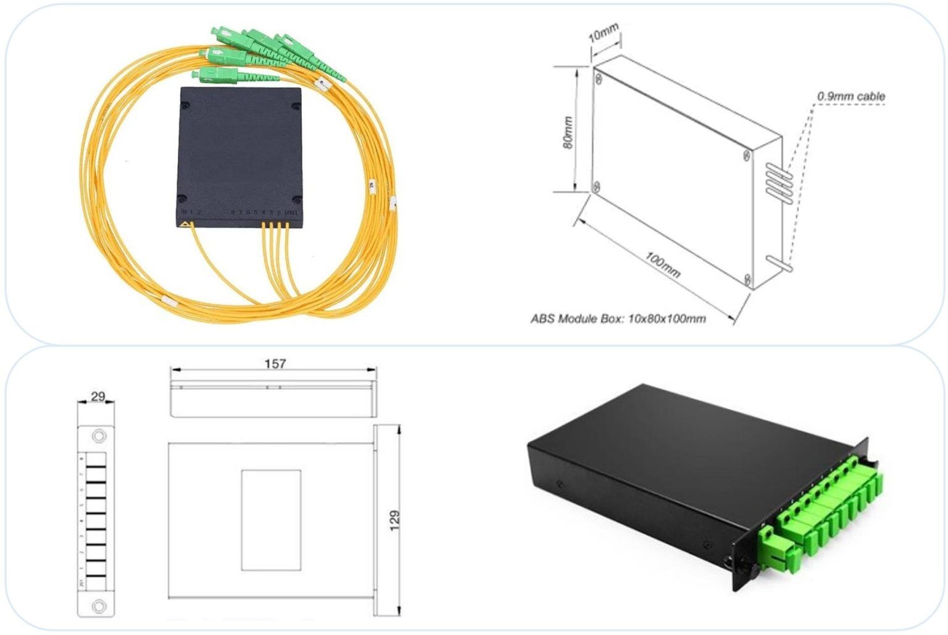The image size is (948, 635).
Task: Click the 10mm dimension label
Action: coord(603,32)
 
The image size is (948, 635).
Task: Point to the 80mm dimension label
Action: coord(568,132)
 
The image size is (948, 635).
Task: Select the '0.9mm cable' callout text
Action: coord(850,96)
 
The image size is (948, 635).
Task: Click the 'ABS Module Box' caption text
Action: coord(618,319)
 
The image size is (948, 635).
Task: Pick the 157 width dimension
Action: coord(275,363)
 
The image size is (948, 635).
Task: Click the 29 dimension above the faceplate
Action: coord(98,396)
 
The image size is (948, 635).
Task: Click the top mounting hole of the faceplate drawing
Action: coord(98,437)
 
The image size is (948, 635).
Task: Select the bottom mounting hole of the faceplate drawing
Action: coord(98,606)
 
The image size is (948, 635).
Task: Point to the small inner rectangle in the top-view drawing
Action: coord(271,520)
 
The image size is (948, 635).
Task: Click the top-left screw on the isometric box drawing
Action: coord(598,78)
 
